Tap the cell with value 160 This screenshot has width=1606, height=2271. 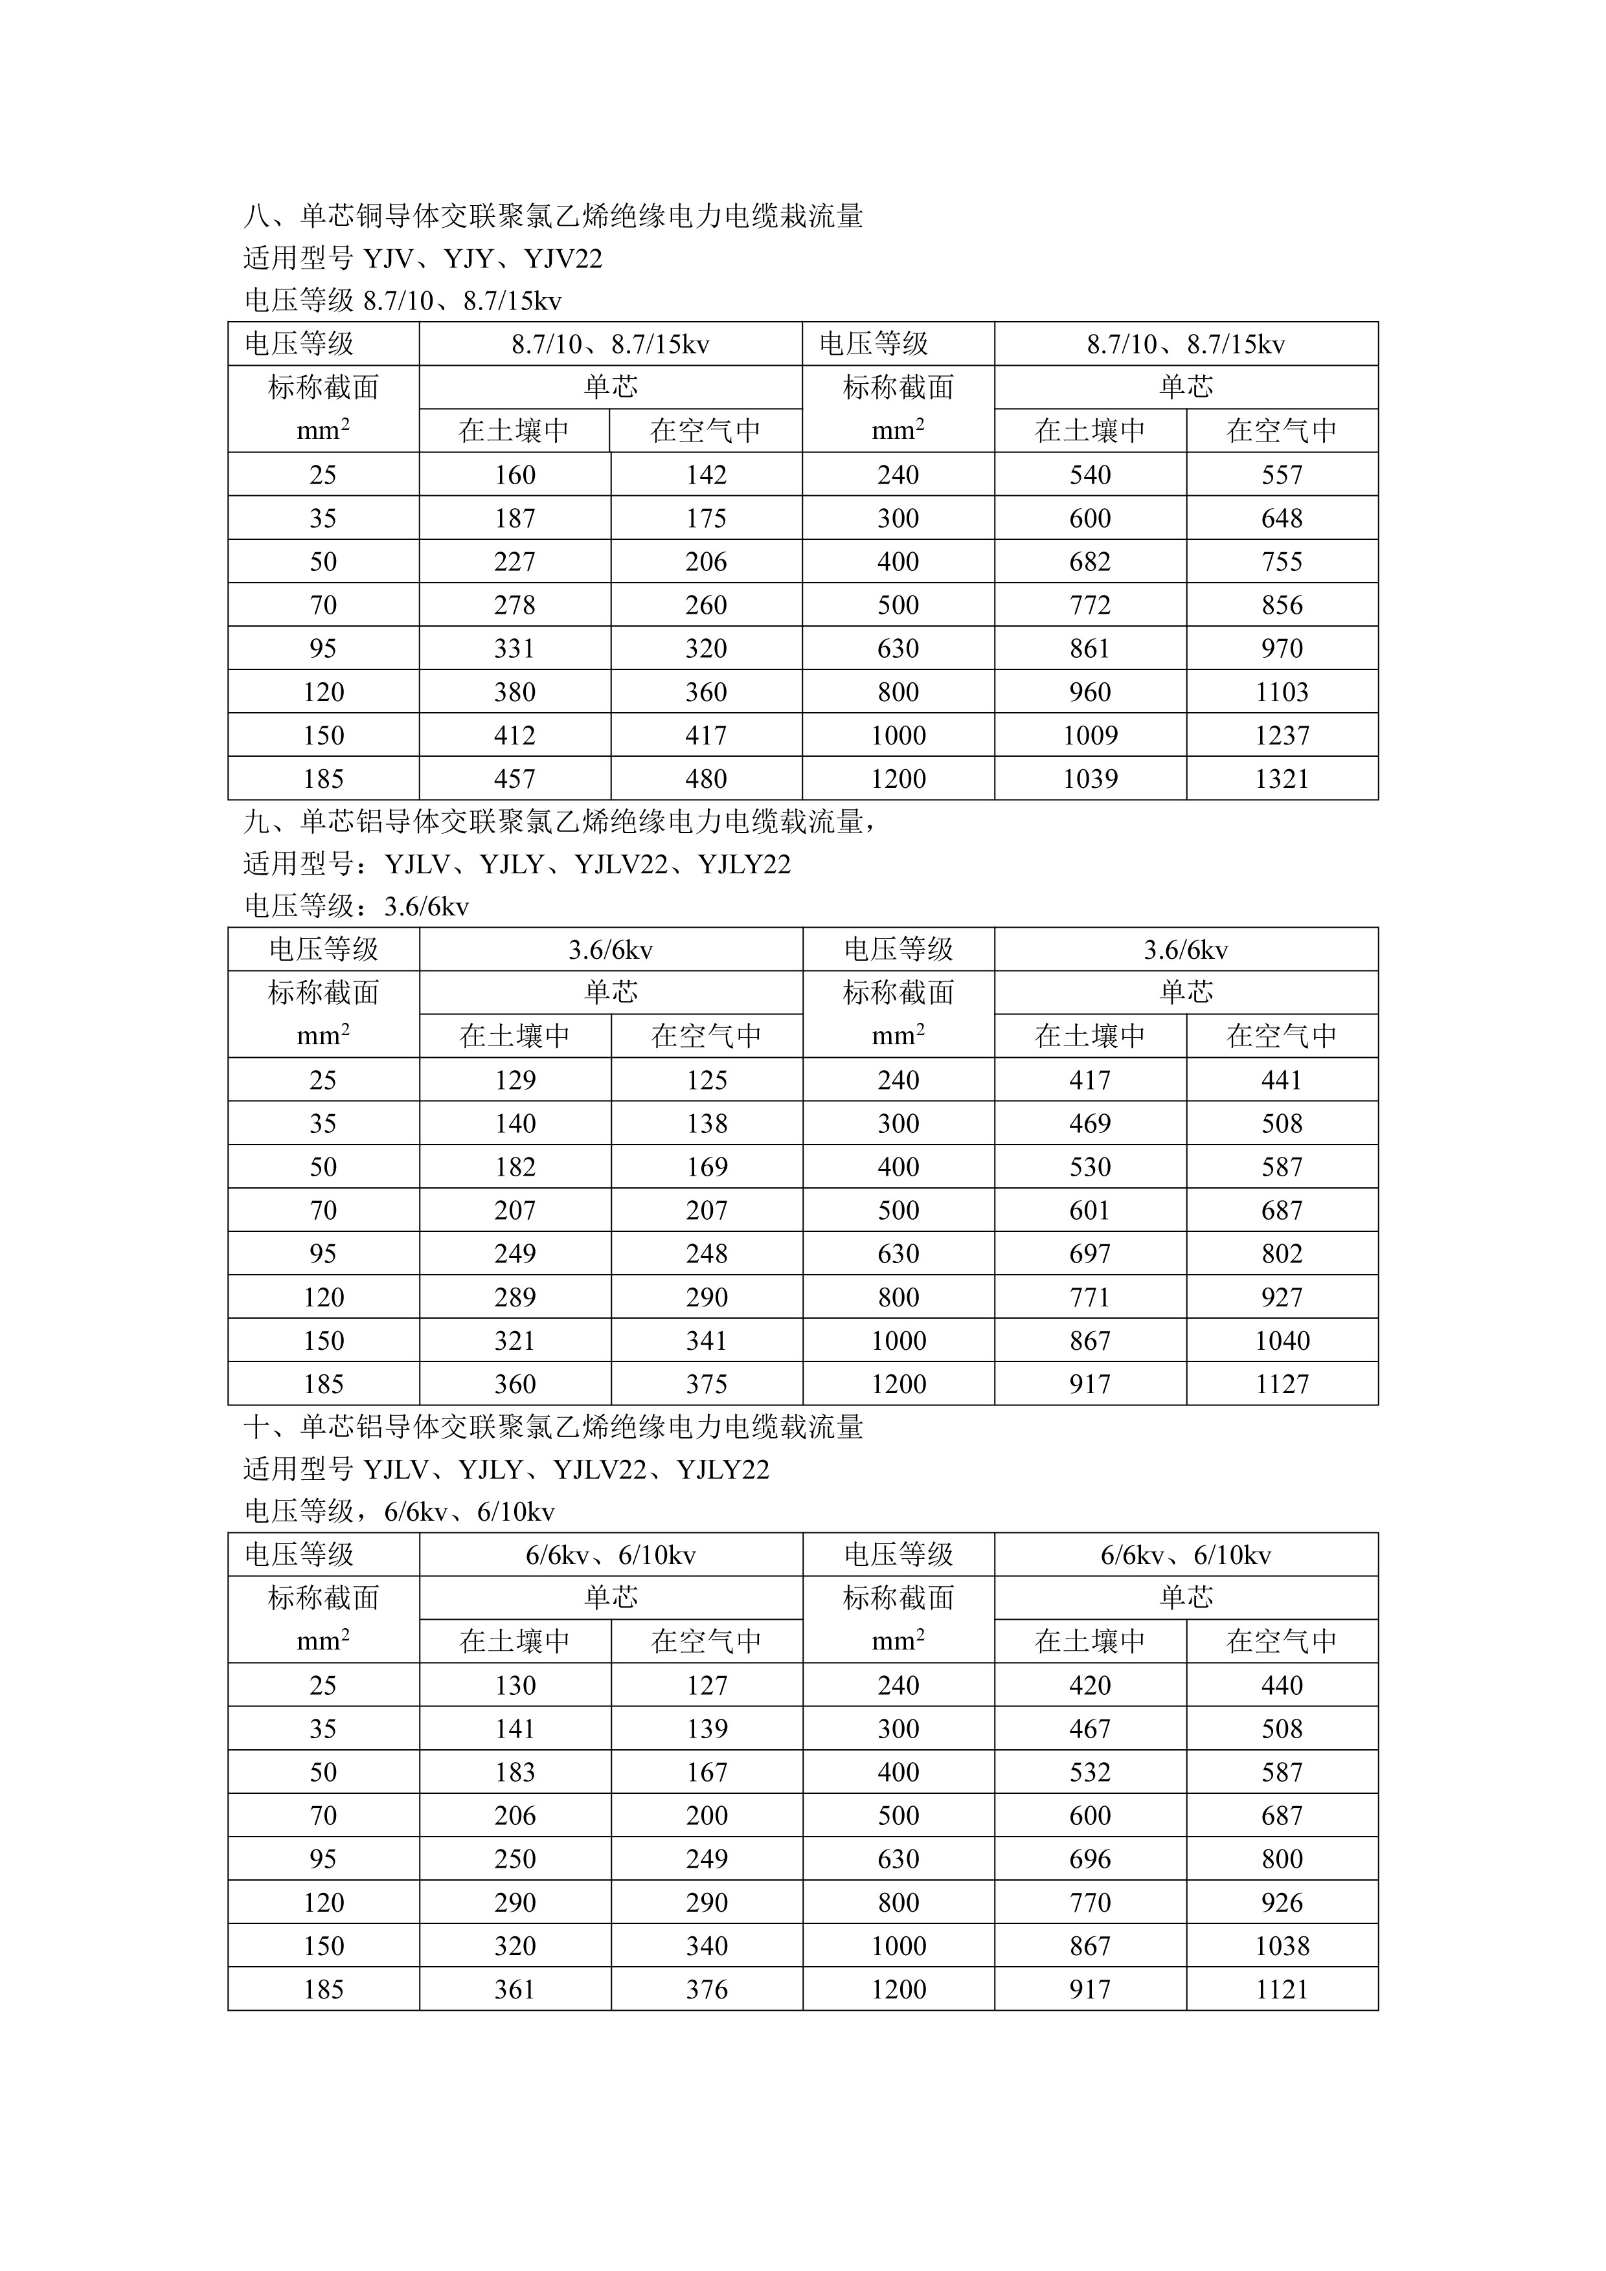(515, 475)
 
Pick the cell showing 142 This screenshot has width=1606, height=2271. (707, 475)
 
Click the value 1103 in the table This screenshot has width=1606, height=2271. (1282, 693)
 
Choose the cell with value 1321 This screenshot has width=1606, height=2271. (1282, 779)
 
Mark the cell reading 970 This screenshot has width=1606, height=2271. (1282, 649)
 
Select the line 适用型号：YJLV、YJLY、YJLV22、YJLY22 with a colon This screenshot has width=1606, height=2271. (517, 864)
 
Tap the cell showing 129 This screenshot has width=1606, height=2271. (515, 1080)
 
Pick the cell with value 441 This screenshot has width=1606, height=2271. (1282, 1080)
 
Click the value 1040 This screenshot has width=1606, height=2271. (1282, 1341)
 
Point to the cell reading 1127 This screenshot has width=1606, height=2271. (1282, 1385)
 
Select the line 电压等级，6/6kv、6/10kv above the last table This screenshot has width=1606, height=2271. (399, 1512)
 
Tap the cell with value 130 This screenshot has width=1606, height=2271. (515, 1685)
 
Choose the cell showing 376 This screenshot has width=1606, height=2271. (707, 1990)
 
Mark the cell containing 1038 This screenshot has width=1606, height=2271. (1282, 1947)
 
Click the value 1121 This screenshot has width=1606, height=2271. (1282, 1990)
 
